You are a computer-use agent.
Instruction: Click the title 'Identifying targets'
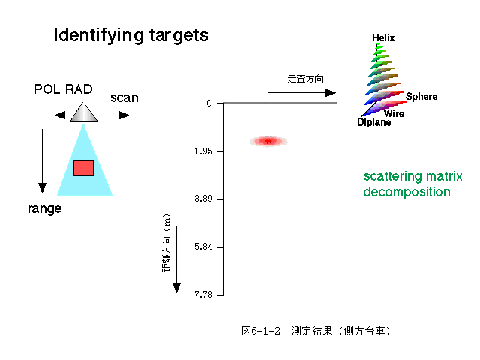[x=131, y=35]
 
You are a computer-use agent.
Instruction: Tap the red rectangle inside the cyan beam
[x=83, y=168]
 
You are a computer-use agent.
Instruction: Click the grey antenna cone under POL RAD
[x=84, y=112]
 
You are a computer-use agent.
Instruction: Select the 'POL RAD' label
[x=63, y=89]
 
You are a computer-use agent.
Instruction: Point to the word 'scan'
[x=124, y=98]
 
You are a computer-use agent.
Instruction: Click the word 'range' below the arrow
[x=45, y=208]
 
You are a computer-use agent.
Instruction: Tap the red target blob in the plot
[x=268, y=142]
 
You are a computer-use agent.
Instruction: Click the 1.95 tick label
[x=203, y=151]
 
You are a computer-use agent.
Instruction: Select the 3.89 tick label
[x=203, y=199]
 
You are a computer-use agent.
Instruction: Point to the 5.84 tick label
[x=203, y=247]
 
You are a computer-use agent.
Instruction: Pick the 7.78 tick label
[x=203, y=295]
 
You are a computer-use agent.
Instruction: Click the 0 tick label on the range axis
[x=209, y=103]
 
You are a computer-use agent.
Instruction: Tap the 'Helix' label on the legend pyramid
[x=383, y=38]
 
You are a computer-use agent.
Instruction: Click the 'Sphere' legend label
[x=421, y=97]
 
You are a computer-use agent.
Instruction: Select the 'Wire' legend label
[x=394, y=113]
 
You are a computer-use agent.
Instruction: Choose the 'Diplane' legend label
[x=374, y=123]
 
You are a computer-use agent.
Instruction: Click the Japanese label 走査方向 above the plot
[x=305, y=79]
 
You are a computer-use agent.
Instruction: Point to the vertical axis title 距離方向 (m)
[x=166, y=243]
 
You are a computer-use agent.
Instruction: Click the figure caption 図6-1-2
[x=261, y=331]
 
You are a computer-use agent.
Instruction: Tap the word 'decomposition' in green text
[x=406, y=193]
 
